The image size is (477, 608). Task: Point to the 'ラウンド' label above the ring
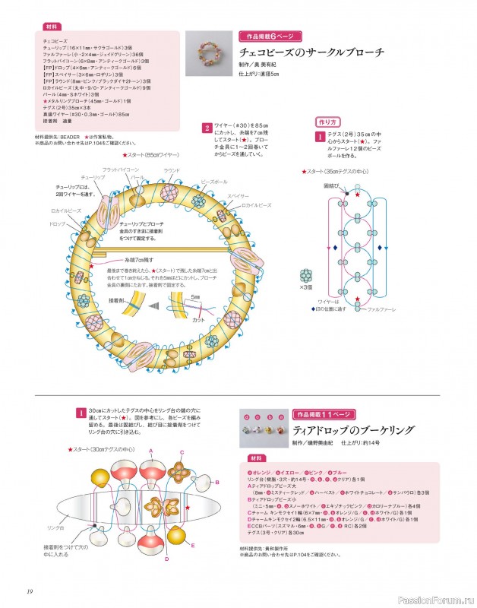click(172, 170)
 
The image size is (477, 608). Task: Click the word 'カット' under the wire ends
click(199, 320)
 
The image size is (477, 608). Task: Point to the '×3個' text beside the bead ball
click(307, 288)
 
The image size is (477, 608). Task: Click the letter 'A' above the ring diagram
click(151, 450)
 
